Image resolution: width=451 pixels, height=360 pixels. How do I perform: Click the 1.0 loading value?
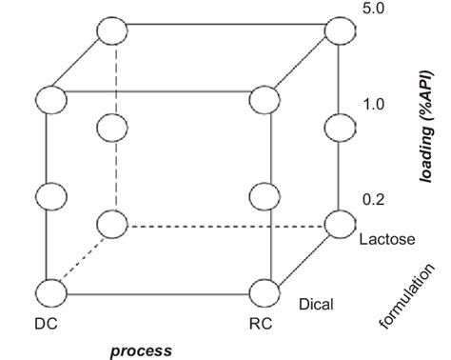[373, 103]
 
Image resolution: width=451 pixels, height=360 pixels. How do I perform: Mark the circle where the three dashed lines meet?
[113, 226]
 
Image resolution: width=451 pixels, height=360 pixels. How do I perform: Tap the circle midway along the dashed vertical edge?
[113, 127]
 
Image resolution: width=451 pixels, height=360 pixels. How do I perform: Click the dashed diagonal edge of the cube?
[81, 259]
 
